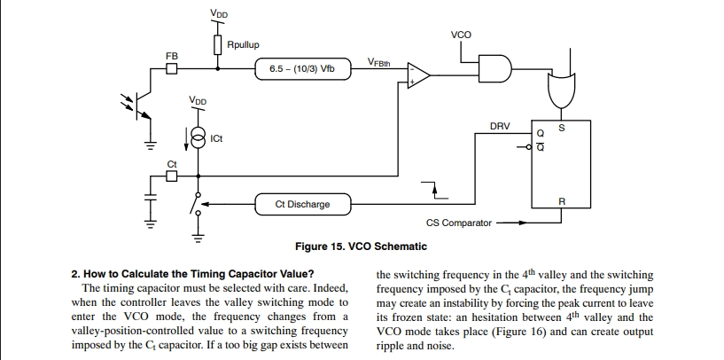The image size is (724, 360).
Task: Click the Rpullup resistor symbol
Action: click(x=218, y=45)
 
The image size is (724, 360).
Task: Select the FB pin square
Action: click(x=172, y=69)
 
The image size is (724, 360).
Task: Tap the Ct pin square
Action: click(x=171, y=176)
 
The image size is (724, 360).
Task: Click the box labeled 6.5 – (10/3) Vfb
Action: click(x=303, y=69)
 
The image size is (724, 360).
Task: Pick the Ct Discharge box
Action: click(x=303, y=204)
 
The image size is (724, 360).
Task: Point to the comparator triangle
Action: click(x=418, y=74)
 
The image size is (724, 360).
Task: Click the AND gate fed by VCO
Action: click(x=495, y=69)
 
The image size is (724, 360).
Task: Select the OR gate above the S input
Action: click(x=561, y=89)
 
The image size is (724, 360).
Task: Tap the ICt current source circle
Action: click(x=199, y=138)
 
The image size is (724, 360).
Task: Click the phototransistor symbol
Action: click(x=140, y=106)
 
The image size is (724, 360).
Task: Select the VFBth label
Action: click(x=378, y=62)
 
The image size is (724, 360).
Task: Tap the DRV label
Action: click(x=500, y=126)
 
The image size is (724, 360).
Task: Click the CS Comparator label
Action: click(x=458, y=223)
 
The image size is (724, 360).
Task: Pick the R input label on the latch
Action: click(x=562, y=202)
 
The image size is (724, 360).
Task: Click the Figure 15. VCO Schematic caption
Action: click(x=361, y=247)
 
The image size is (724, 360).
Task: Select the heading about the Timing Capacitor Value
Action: click(x=193, y=274)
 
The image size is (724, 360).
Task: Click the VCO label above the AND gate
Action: click(x=462, y=35)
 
